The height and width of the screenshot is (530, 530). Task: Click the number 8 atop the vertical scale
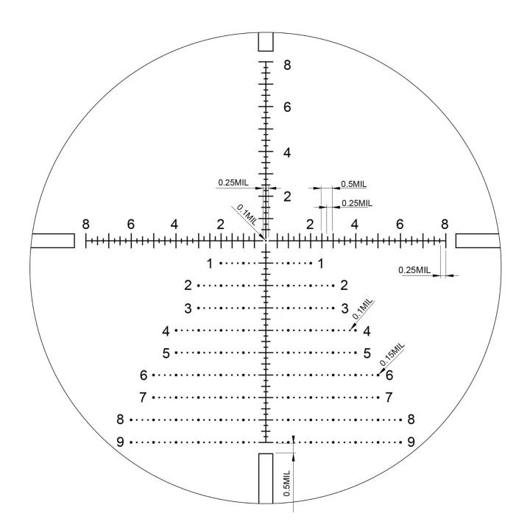click(x=287, y=65)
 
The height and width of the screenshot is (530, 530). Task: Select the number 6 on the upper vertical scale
click(x=287, y=107)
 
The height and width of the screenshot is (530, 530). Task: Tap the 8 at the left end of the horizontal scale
click(x=86, y=224)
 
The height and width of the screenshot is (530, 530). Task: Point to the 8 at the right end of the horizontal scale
click(x=445, y=224)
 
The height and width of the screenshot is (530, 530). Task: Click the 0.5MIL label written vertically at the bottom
click(x=286, y=484)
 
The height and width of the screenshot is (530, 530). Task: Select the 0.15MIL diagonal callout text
click(x=392, y=355)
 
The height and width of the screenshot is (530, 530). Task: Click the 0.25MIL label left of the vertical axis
click(x=233, y=183)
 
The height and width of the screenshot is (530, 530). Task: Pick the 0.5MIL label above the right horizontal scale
click(x=353, y=184)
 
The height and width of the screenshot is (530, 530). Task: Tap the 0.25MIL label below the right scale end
click(x=414, y=270)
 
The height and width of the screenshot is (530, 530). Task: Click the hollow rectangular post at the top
click(x=266, y=41)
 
